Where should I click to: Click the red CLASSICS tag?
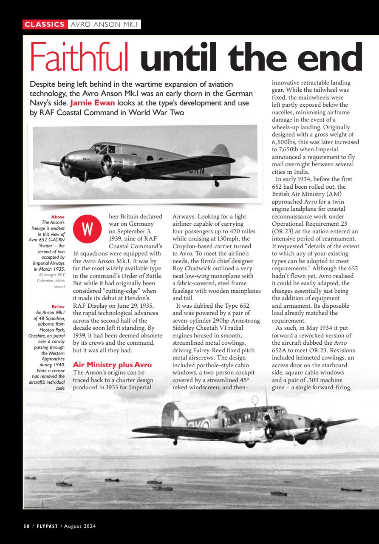(45, 25)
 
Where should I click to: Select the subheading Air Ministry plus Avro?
(112, 365)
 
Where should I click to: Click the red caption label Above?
(58, 217)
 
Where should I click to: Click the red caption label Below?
(58, 306)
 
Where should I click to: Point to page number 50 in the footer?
(26, 526)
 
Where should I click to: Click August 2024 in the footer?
(80, 526)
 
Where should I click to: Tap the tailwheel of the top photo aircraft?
(217, 184)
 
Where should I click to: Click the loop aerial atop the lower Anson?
(255, 400)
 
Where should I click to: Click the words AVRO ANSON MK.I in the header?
(105, 25)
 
